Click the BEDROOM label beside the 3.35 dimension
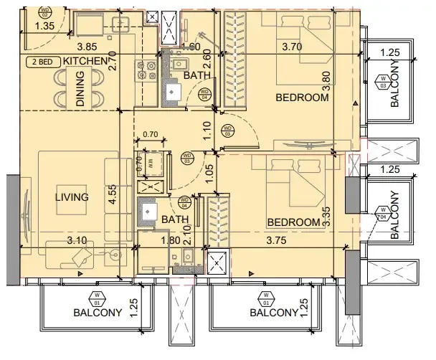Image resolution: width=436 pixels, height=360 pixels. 292,223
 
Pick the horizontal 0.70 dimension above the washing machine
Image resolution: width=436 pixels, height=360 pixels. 151,135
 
